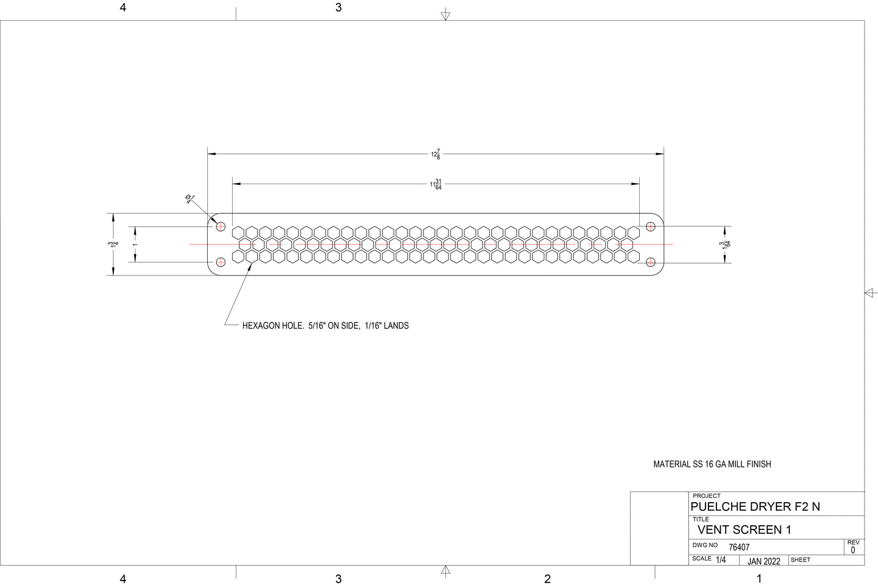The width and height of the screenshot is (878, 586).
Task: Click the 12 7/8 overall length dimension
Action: pos(436,154)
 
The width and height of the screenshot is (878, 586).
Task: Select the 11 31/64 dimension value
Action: pos(436,184)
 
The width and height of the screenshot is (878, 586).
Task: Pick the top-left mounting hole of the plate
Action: pos(221,227)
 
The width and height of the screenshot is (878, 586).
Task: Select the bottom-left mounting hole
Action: pos(221,262)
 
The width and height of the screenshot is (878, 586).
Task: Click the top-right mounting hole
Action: pos(651,227)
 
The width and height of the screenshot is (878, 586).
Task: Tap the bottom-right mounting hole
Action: pos(651,262)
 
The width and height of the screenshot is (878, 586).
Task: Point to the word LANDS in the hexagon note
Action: pos(396,326)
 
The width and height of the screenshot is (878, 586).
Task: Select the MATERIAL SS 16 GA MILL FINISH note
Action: pos(712,464)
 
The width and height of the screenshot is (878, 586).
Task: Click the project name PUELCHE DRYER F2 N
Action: pos(755,507)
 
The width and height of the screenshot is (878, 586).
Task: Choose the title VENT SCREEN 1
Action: pos(744,530)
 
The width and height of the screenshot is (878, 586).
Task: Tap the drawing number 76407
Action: pos(739,547)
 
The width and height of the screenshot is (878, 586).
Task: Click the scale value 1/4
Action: pos(721,560)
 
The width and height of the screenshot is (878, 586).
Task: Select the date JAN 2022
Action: pos(764,561)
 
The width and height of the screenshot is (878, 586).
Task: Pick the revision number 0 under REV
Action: pos(852,550)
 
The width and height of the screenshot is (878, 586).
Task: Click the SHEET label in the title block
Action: pos(800,560)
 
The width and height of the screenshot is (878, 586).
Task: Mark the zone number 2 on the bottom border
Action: pos(547,579)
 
